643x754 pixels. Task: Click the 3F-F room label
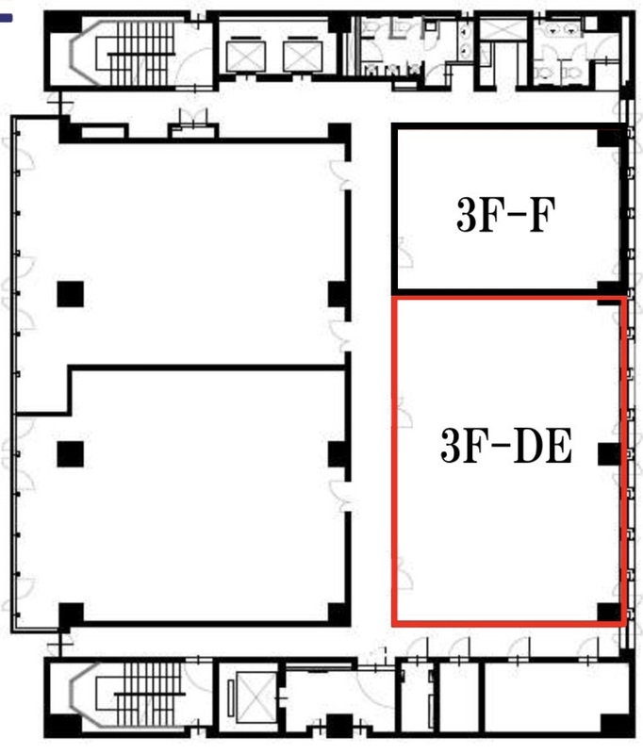506,215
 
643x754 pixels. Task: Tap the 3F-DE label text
506,446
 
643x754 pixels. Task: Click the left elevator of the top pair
246,57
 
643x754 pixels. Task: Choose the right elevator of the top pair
303,57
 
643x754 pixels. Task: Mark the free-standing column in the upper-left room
70,294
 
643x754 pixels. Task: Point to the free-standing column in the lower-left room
70,454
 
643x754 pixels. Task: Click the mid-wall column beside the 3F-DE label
609,454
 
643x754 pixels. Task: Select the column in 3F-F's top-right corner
609,138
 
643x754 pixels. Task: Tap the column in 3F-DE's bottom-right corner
609,612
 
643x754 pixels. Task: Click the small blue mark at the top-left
7,19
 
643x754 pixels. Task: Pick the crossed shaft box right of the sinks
503,30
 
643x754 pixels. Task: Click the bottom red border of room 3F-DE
508,624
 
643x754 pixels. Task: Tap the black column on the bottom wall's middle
339,725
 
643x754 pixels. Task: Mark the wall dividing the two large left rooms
207,368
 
